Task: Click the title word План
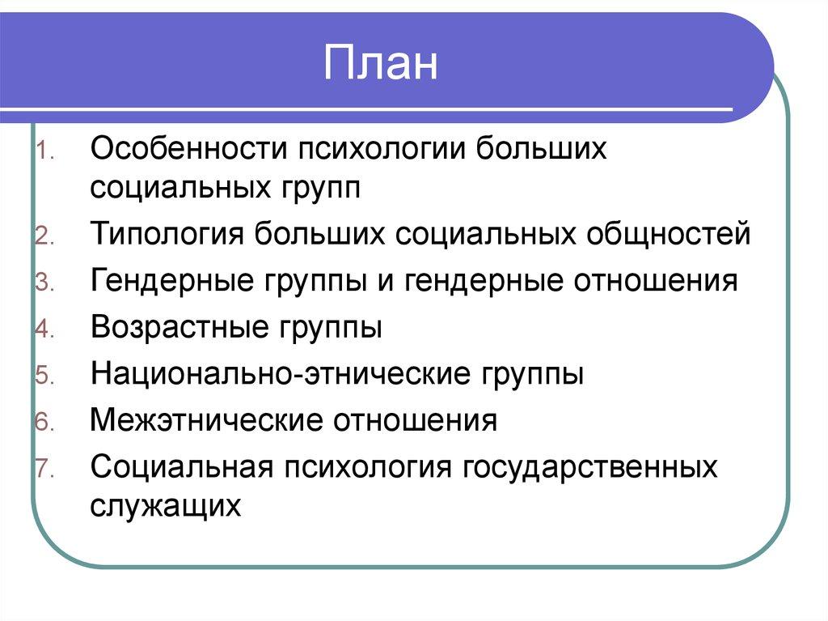380,66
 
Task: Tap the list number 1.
44,151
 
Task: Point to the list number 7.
44,469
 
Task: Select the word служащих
166,504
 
